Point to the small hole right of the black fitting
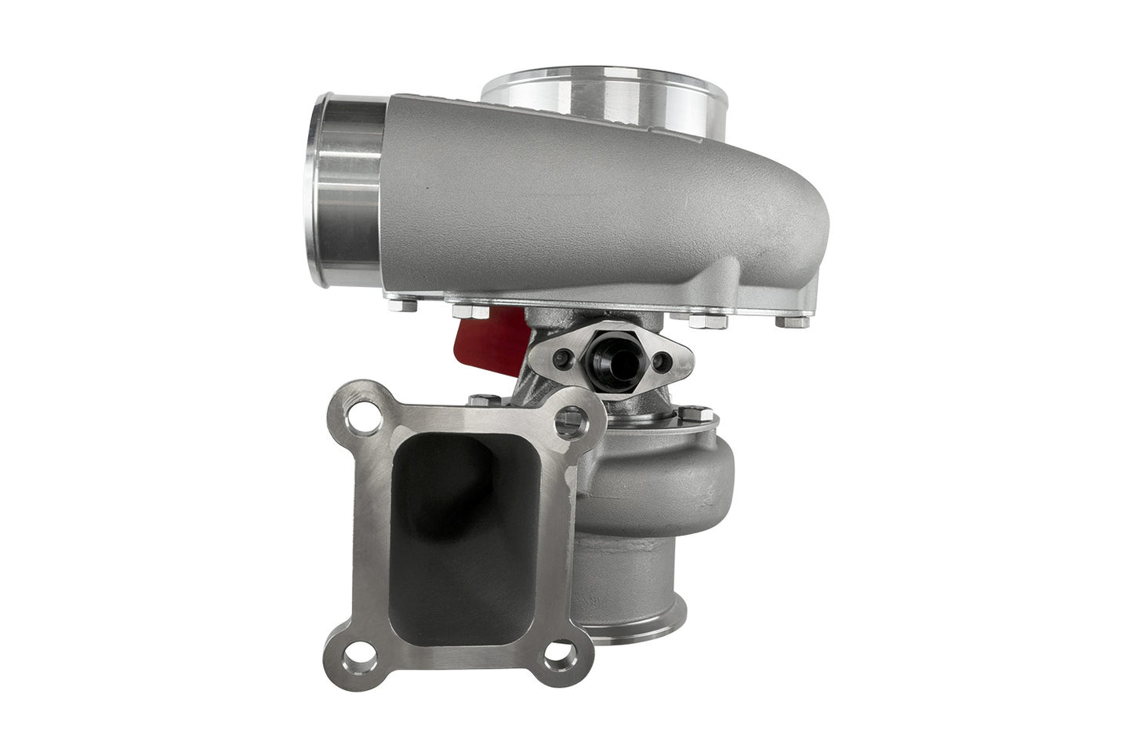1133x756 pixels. click(x=663, y=361)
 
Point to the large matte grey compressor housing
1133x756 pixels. click(x=596, y=204)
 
